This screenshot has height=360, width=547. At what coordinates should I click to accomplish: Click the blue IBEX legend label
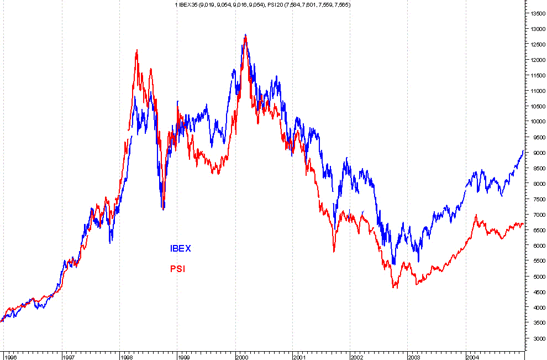coord(180,248)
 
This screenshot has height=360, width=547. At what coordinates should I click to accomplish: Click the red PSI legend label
coord(177,269)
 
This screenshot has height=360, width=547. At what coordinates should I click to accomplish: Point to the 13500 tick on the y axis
coord(537,13)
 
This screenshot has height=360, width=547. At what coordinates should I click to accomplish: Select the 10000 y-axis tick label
coord(537,122)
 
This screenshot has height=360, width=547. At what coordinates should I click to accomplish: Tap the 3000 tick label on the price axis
coord(535,338)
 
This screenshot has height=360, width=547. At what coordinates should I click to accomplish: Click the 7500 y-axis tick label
coord(535,199)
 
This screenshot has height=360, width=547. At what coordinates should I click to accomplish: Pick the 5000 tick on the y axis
coord(535,276)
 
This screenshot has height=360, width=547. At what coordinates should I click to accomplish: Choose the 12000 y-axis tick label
coord(537,60)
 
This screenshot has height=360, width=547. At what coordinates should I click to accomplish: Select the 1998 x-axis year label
coord(127,357)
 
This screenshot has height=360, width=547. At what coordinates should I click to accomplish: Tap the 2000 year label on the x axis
coord(243,357)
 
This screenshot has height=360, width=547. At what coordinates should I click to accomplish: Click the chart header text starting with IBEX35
coord(261,5)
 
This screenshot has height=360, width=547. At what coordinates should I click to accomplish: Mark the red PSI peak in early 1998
coord(136,50)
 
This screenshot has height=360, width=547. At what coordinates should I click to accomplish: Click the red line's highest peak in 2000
coord(245,35)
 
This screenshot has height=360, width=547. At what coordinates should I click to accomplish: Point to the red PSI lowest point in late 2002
coord(394,288)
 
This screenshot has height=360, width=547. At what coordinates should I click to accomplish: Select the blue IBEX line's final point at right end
coord(523,150)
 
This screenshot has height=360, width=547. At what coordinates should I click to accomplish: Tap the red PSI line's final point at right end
coord(523,224)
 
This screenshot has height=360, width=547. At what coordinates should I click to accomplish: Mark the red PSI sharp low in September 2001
coord(334,252)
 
